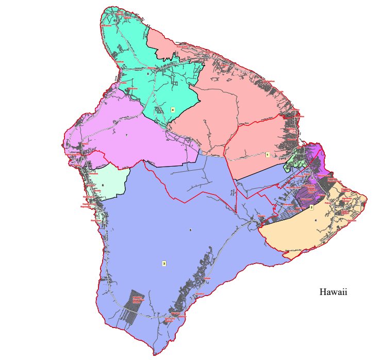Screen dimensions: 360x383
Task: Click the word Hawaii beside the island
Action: point(333,292)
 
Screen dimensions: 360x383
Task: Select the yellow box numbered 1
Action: point(268,154)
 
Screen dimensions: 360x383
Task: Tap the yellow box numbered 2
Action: point(311,208)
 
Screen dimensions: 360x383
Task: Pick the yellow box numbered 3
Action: point(164,264)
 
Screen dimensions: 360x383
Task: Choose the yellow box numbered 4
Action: point(173,110)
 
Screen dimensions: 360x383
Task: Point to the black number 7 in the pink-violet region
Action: point(126,135)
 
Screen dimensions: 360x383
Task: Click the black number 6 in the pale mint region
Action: point(103,185)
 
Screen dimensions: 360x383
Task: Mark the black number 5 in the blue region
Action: point(190,230)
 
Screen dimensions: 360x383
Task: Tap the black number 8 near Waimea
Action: point(148,74)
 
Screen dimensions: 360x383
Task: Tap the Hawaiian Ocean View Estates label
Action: point(137,300)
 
